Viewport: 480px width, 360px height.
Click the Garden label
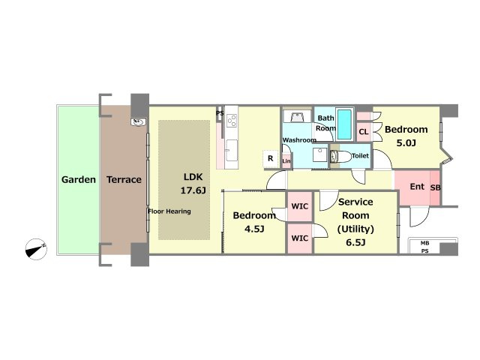tap(79, 180)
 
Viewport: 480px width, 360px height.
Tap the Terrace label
tap(124, 180)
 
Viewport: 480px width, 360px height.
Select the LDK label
tap(193, 177)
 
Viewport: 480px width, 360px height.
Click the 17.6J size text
tap(193, 190)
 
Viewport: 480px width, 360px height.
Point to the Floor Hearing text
tap(169, 211)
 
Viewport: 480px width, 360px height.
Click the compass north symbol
tap(36, 249)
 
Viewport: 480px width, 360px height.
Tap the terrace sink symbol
tap(138, 122)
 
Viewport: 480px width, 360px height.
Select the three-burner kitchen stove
tap(232, 120)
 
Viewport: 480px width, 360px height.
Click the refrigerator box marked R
tap(271, 158)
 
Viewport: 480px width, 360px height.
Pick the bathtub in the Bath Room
tap(345, 124)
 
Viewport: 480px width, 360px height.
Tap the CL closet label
tap(363, 132)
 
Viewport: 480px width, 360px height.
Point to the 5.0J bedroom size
tap(406, 143)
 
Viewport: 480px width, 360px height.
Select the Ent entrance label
tap(417, 187)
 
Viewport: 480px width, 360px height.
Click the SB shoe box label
tap(435, 187)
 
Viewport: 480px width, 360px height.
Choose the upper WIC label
tap(300, 206)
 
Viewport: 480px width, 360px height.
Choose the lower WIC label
tap(300, 238)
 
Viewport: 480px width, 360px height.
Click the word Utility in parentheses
tap(355, 229)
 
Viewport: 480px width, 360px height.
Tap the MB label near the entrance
tap(424, 243)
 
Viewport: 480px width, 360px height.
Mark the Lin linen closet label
tap(286, 161)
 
